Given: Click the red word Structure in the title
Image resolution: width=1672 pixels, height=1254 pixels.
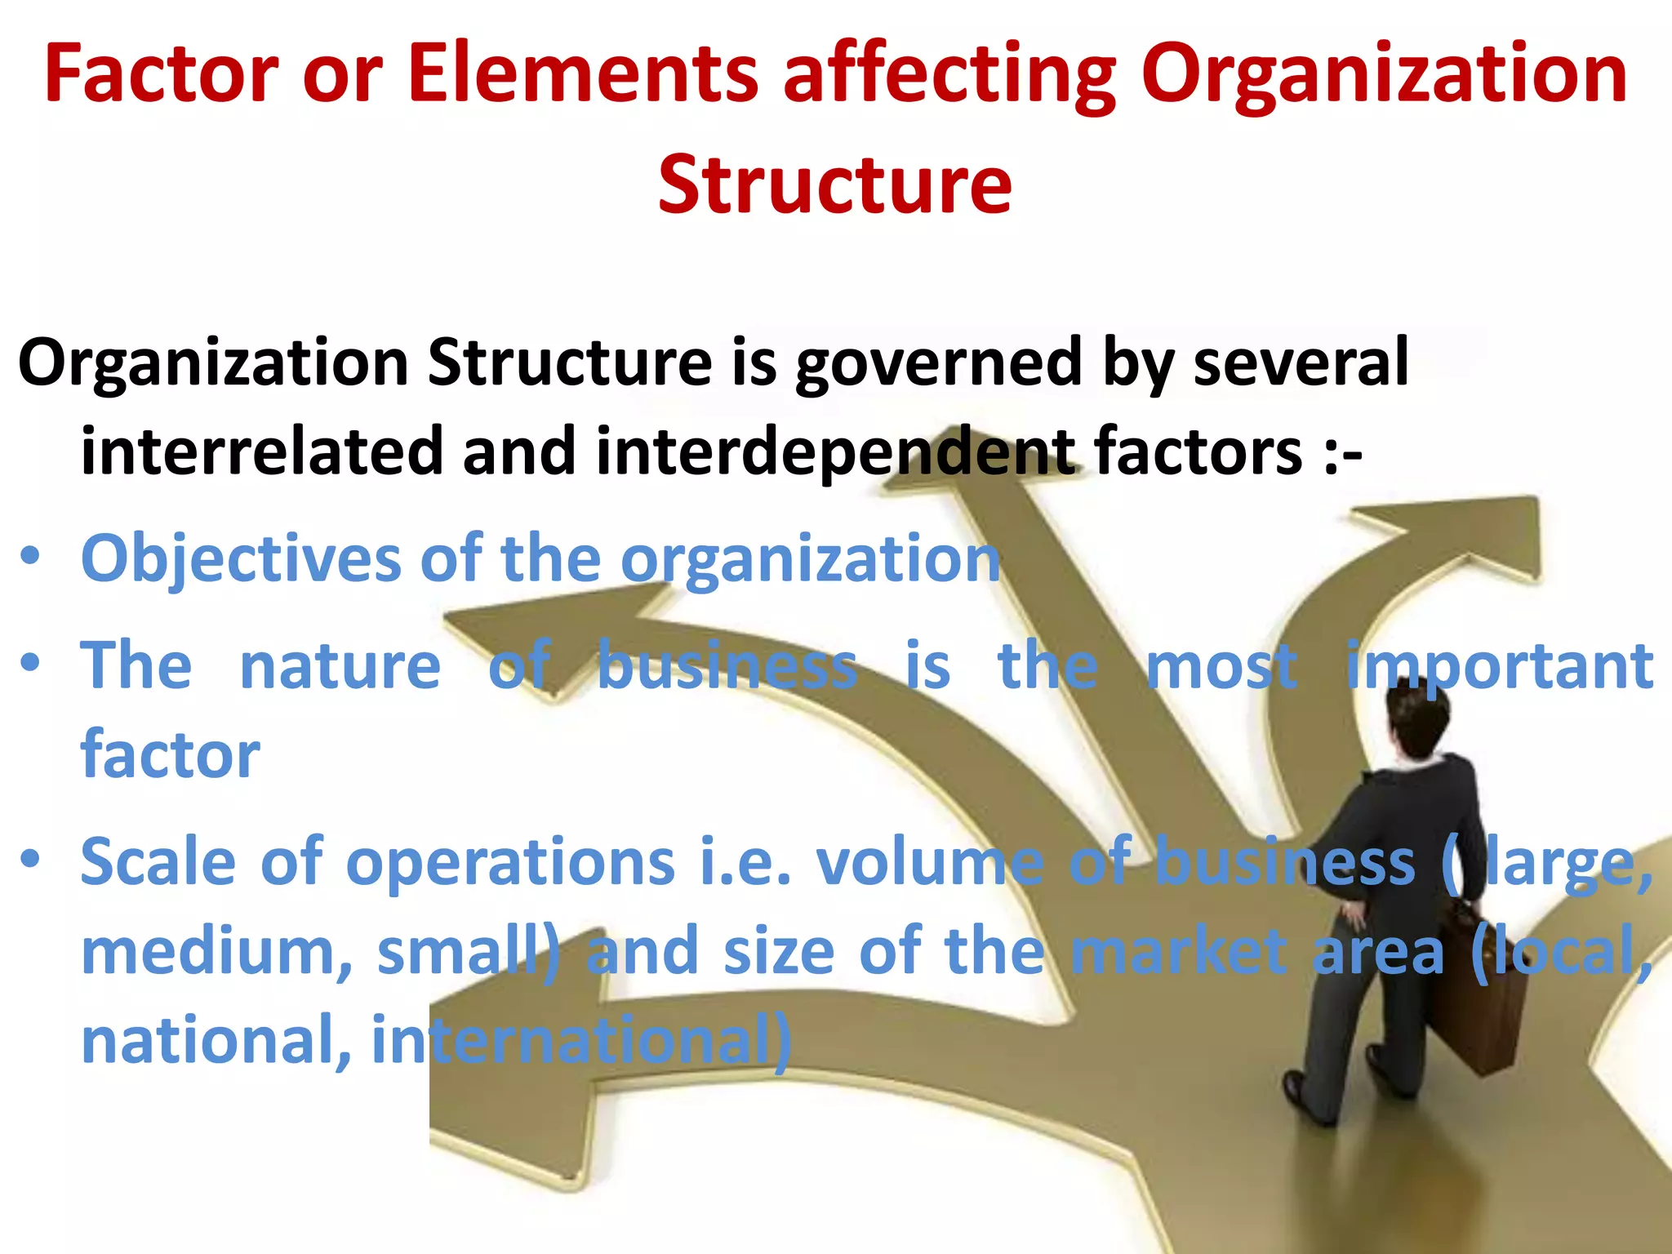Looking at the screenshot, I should [x=834, y=185].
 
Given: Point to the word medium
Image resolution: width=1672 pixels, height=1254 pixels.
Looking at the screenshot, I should [x=216, y=953].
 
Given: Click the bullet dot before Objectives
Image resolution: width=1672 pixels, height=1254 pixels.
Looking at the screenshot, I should [x=30, y=557].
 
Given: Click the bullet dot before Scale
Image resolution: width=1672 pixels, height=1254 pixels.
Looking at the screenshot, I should [x=30, y=859].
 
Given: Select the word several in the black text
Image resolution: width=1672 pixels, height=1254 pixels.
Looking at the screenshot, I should [x=1301, y=362].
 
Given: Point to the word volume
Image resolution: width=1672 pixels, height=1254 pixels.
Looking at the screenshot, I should [x=930, y=862].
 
